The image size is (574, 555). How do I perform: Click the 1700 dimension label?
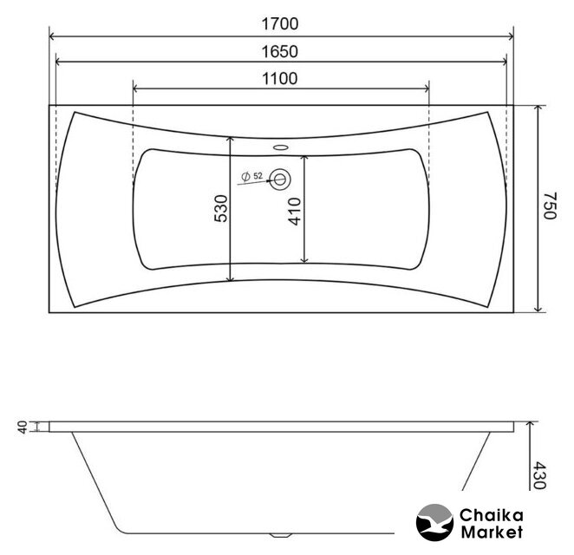pyautogui.click(x=280, y=23)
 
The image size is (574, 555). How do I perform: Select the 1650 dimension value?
pyautogui.click(x=280, y=52)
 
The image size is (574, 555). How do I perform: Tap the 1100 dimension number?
pyautogui.click(x=280, y=79)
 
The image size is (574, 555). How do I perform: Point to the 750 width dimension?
pyautogui.click(x=550, y=206)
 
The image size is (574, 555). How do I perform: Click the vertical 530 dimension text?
pyautogui.click(x=221, y=209)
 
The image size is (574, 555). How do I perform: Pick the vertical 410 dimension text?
pyautogui.click(x=295, y=212)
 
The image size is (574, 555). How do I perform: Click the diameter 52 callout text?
pyautogui.click(x=252, y=176)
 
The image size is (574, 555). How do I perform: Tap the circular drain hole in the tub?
pyautogui.click(x=280, y=180)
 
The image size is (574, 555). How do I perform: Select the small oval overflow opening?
pyautogui.click(x=281, y=147)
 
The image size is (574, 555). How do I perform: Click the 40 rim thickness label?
pyautogui.click(x=23, y=428)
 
